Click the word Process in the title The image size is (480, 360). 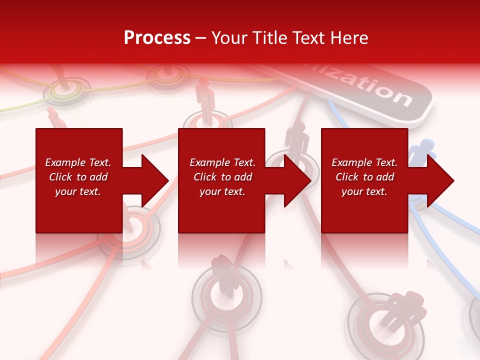tap(157, 38)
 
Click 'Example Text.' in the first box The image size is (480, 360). tap(78, 162)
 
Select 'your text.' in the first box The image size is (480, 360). tap(78, 191)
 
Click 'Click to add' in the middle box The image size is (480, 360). tap(222, 177)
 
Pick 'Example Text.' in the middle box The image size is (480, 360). tap(222, 162)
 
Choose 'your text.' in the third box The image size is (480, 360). tap(364, 191)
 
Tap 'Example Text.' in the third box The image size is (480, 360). tap(364, 162)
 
